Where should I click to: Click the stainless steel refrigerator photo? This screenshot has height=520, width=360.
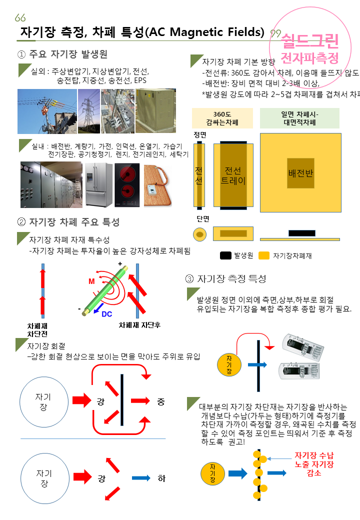(x=97, y=184)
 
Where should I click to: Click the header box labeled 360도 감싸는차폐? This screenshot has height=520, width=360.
(x=222, y=118)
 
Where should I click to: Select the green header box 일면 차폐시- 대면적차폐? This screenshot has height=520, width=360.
(x=299, y=118)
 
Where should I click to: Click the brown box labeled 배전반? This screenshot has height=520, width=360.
(x=300, y=173)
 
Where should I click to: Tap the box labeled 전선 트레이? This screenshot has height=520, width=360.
(x=233, y=175)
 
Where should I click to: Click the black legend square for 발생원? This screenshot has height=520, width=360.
(x=225, y=255)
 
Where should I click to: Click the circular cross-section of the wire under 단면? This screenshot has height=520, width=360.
(x=200, y=233)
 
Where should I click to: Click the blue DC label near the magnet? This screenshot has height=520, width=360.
(x=107, y=314)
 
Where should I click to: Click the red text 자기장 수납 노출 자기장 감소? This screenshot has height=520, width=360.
(x=313, y=463)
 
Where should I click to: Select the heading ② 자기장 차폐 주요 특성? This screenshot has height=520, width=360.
(x=68, y=222)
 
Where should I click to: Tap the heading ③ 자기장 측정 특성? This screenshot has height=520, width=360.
(x=225, y=278)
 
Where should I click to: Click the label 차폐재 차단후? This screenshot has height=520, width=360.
(x=139, y=324)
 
